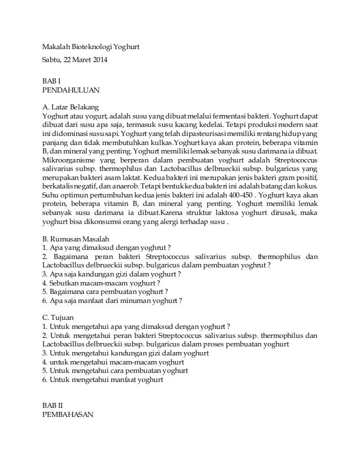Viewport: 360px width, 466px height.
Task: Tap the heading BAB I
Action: (x=51, y=80)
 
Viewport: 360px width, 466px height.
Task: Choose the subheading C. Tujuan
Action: (x=59, y=317)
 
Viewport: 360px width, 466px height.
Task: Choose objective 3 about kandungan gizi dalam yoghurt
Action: (x=116, y=353)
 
